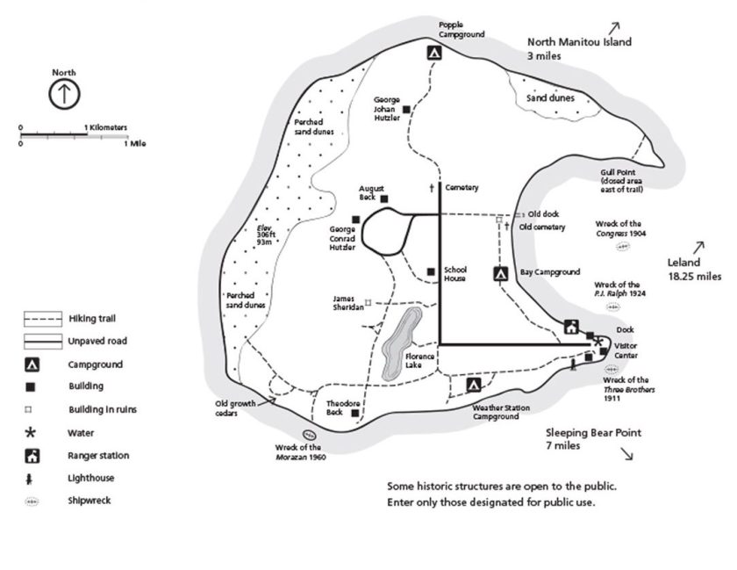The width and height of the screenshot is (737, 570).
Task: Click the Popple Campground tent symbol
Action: click(434, 53)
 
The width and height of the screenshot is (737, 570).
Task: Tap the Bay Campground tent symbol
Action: click(501, 274)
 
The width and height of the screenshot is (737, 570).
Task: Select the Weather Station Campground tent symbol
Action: click(474, 384)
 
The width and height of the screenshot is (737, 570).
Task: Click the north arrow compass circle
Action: click(64, 94)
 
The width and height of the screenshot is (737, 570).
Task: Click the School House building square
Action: click(430, 271)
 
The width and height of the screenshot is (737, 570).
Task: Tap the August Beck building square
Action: click(384, 198)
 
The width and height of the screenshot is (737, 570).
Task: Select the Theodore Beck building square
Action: click(355, 413)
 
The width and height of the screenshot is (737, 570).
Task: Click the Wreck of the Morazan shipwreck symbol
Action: click(309, 434)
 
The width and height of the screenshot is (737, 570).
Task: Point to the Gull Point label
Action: click(619, 172)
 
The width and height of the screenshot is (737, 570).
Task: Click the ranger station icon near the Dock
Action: click(571, 328)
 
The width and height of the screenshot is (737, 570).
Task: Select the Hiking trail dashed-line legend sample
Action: click(41, 319)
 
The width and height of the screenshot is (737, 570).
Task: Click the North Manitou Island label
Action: click(579, 41)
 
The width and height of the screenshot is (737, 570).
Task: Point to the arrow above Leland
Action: click(699, 248)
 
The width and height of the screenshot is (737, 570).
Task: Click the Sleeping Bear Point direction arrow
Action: click(627, 453)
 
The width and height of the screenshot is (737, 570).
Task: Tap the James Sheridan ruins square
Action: click(368, 303)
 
